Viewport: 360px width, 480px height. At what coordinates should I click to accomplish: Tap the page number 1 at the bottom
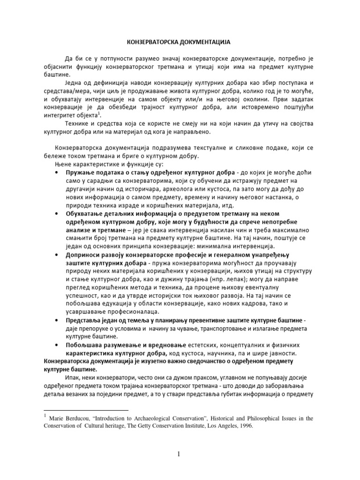coord(180,453)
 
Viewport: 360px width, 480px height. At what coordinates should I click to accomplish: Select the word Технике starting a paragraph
coord(77,123)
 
